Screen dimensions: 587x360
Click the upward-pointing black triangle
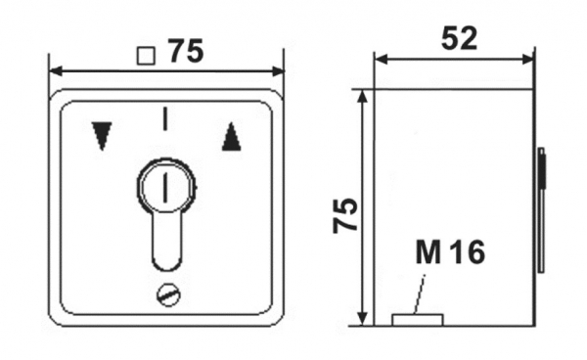(x=231, y=137)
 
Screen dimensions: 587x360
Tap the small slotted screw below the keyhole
(x=168, y=295)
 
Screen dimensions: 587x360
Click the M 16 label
(x=450, y=251)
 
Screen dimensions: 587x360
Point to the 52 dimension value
(x=460, y=38)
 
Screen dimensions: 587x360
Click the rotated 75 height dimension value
(x=346, y=215)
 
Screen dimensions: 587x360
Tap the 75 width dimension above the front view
(x=186, y=51)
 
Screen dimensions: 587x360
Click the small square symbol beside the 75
(x=146, y=56)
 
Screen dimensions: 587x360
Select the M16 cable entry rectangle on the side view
(x=418, y=320)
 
